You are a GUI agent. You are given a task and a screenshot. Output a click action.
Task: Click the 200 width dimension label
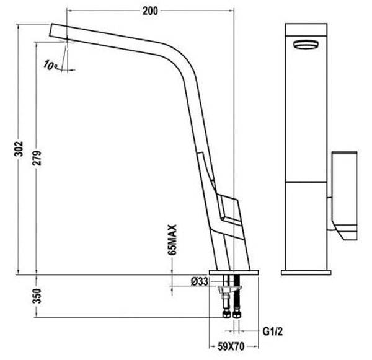150,11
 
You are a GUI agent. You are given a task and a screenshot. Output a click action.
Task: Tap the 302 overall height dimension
19,149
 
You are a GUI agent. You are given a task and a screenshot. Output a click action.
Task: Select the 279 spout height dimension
37,158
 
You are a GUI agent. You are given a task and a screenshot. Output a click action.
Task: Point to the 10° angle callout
50,65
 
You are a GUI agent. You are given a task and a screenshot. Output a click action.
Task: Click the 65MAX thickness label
172,240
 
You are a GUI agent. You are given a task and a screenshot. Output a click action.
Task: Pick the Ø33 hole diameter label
200,281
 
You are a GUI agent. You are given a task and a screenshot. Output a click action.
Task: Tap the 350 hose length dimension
37,296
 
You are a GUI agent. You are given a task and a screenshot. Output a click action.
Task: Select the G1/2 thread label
273,331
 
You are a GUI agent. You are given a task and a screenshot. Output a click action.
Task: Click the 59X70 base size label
231,347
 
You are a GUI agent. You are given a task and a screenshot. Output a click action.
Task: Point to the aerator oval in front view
306,45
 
